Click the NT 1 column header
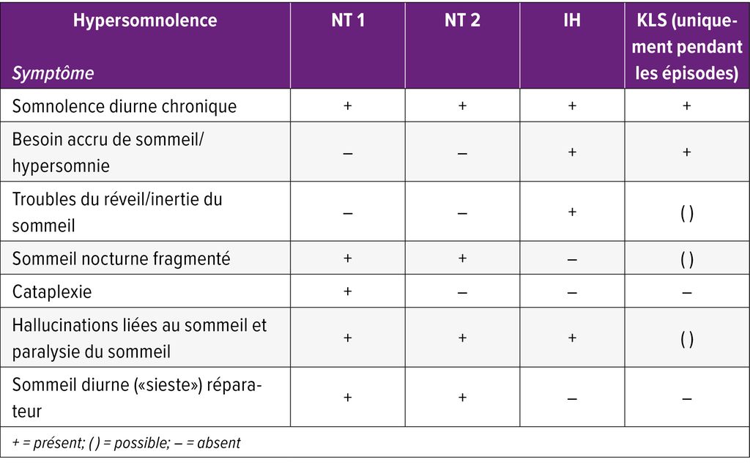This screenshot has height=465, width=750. click(x=347, y=21)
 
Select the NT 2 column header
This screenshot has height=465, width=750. click(x=462, y=21)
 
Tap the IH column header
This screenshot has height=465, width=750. click(x=572, y=21)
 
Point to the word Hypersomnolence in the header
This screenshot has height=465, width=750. click(x=145, y=21)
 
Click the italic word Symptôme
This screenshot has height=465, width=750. click(x=53, y=73)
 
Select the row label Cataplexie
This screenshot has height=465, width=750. click(x=52, y=291)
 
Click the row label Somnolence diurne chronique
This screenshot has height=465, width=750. click(x=125, y=106)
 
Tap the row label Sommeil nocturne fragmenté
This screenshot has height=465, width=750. click(x=122, y=258)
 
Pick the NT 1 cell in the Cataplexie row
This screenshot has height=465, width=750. click(x=347, y=291)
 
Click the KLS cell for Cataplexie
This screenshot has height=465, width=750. click(x=686, y=292)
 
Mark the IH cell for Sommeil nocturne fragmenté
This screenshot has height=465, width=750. click(x=572, y=259)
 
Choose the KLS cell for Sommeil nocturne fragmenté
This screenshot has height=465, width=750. click(x=686, y=259)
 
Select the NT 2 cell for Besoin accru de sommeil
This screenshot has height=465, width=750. click(x=462, y=153)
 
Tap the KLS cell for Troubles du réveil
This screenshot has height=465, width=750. click(x=686, y=212)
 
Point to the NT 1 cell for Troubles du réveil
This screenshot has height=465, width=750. click(x=347, y=213)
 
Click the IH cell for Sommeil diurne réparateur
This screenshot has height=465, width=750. click(x=572, y=398)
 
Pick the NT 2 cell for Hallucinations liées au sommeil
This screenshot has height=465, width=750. click(x=462, y=338)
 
